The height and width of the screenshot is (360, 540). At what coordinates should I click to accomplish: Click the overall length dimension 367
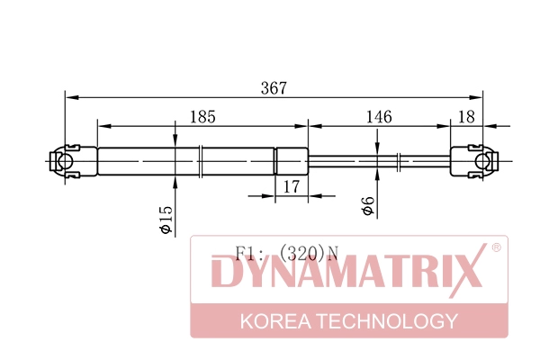tap(274, 88)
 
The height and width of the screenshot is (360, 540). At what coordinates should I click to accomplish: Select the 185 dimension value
tap(202, 117)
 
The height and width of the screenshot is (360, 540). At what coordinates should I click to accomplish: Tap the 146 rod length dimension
tap(379, 117)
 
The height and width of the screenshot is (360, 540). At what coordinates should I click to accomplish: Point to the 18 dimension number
tap(466, 117)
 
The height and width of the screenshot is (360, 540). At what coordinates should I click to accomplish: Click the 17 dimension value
tap(292, 186)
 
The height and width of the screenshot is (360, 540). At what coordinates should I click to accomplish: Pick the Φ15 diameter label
tap(166, 220)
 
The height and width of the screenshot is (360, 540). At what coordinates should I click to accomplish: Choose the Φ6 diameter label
tap(368, 206)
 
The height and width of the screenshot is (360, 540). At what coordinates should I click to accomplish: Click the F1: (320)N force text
tap(287, 253)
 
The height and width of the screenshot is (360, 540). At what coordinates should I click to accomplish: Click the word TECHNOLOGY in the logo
tap(387, 321)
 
